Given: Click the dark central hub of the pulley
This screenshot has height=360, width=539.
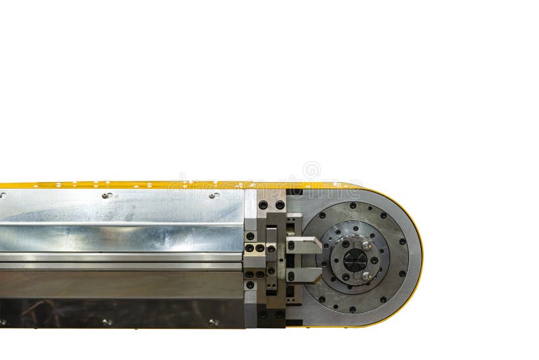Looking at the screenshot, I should tap(355, 260).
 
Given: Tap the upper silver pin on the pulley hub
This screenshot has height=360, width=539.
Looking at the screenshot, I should tap(367, 246).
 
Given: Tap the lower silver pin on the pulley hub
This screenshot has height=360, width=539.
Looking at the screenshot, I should tap(367, 275).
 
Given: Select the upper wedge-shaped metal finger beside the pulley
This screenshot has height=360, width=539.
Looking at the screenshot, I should tap(305, 245).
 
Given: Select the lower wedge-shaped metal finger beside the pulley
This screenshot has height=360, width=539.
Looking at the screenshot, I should tap(305, 275).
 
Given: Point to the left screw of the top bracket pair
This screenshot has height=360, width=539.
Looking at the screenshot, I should tap(263, 204).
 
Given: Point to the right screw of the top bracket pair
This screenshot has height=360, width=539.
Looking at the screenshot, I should tap(280, 204).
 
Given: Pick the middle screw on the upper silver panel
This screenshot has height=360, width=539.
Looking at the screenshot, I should tap(106, 196).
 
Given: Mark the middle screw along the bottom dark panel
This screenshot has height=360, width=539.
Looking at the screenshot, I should tap(106, 322).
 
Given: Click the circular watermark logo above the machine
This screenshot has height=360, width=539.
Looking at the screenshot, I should tap(311, 170).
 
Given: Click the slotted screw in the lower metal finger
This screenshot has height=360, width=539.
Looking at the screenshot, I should tap(291, 276).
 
